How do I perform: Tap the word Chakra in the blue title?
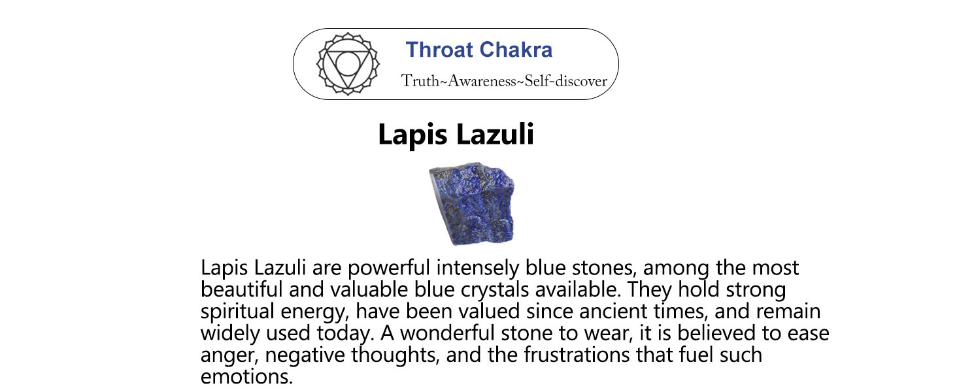516,50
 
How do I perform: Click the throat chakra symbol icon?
348,64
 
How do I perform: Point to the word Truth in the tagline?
420,81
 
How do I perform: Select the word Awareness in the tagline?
482,81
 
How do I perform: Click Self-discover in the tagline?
565,81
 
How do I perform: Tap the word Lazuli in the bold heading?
495,134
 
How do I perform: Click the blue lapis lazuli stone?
472,203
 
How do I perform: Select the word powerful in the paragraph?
388,269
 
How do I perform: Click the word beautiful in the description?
241,289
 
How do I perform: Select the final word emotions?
246,376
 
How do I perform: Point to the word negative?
305,355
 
